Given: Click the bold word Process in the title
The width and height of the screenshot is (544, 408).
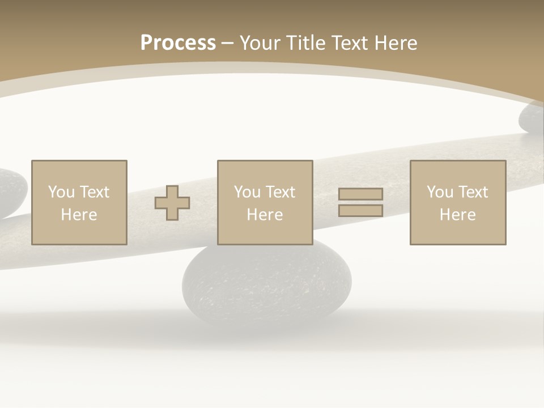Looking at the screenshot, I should coord(178,42).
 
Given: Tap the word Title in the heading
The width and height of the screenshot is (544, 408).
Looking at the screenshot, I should coord(307,42).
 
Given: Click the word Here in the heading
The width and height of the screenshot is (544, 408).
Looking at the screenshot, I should coord(397,42).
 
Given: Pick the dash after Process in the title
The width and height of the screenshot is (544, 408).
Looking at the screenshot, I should coord(227,43).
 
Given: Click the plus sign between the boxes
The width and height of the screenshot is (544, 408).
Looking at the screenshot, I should coord(172,203).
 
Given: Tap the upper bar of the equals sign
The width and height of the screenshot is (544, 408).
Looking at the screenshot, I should coord(360,194).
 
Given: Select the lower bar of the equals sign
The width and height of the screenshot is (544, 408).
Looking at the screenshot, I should coord(360,211).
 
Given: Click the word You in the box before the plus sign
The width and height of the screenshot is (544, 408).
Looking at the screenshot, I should coord(61,192).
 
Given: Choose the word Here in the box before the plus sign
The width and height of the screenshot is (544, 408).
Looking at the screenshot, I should coord(79,215).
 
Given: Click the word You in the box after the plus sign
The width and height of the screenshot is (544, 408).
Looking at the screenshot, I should coord(247,192).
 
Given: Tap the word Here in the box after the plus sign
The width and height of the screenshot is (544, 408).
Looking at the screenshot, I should coord(265,215).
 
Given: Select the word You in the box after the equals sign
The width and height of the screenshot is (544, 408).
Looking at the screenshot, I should coord(440,192).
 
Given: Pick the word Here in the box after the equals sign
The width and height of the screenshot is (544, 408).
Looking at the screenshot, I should coord(457,215).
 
